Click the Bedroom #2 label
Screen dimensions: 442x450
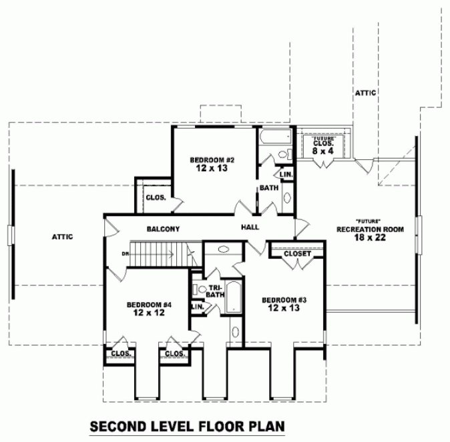210,160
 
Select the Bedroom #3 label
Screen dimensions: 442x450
284,299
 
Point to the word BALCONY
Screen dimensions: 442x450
163,229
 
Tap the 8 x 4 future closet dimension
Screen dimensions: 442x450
322,152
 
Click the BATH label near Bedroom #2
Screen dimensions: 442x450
269,188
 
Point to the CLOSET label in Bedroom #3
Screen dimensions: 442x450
296,254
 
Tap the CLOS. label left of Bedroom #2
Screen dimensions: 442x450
156,197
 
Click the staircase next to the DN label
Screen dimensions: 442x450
160,253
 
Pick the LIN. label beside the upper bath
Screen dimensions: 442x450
286,175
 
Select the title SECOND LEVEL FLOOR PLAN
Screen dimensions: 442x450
188,426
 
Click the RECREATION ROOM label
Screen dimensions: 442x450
371,229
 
